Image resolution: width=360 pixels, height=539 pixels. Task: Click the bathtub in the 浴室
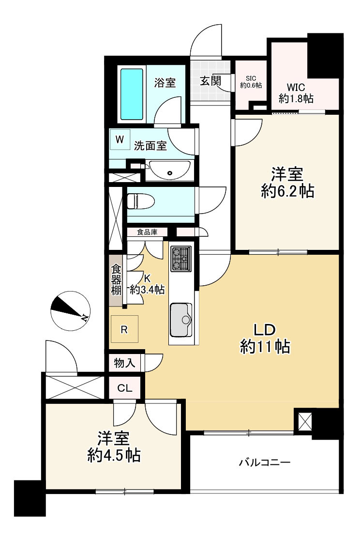(132, 94)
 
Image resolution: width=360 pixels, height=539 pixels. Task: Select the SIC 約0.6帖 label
(251, 82)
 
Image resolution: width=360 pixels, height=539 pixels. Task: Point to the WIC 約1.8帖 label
(296, 93)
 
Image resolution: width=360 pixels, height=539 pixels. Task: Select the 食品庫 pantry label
(147, 232)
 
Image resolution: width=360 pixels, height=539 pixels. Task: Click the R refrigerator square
(124, 330)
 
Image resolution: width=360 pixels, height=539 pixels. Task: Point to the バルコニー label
(265, 463)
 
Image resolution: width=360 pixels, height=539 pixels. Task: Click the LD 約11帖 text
(265, 339)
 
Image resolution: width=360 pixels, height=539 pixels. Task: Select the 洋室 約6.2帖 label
(287, 183)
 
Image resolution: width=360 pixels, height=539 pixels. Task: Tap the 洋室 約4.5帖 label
(114, 447)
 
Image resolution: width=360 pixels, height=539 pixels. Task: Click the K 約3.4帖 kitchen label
(147, 284)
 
